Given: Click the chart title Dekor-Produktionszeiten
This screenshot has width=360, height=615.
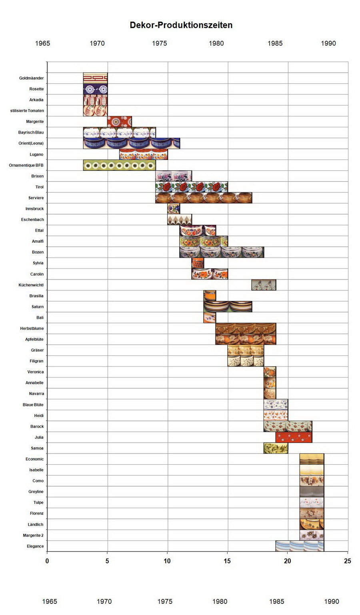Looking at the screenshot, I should [181, 25].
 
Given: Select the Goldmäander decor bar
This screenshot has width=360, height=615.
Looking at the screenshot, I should [95, 78].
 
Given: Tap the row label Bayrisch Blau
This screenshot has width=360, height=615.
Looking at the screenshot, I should [31, 132].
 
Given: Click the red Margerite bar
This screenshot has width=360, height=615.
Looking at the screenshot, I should [119, 122].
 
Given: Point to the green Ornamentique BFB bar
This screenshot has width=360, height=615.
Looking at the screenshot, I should [119, 165].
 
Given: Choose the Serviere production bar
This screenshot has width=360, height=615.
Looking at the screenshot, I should [204, 198].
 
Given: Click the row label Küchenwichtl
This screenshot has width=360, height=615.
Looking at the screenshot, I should [31, 285].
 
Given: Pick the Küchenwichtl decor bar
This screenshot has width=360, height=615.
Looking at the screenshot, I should [264, 285].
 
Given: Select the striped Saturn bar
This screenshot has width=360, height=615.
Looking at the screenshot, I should [228, 307].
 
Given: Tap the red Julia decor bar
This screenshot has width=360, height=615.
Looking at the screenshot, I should [294, 437].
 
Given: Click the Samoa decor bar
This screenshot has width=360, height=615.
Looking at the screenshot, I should [276, 448].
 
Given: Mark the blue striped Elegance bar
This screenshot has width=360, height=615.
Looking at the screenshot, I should [300, 546].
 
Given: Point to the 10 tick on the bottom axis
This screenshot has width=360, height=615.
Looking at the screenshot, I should [167, 561].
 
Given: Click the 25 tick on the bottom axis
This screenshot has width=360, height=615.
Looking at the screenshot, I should [348, 561].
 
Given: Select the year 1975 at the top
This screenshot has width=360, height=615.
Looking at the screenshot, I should [159, 43].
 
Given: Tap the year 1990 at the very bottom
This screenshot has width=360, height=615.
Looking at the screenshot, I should [332, 601].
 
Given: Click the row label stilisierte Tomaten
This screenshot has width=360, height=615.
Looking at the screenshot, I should [27, 111].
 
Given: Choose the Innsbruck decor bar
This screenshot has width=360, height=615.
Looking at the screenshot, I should [174, 209].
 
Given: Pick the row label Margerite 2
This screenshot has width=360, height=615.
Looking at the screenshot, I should [33, 535].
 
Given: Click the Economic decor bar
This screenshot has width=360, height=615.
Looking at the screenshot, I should [312, 459].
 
